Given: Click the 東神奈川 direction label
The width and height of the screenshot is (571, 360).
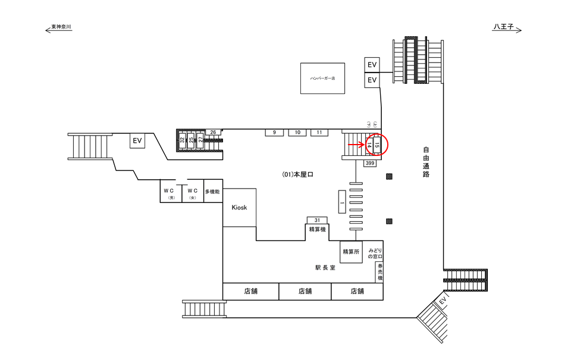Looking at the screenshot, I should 61,27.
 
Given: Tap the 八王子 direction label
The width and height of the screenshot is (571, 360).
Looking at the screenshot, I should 505,27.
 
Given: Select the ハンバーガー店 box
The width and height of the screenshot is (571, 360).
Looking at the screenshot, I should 322,78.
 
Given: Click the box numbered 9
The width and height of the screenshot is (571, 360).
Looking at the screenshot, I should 274,132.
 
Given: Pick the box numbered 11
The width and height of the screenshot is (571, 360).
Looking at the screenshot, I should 319,132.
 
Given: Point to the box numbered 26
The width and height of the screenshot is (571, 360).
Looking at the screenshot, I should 212,132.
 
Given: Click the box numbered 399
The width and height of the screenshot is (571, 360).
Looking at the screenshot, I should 370,163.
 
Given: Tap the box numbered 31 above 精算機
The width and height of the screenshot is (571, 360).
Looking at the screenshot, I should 317,220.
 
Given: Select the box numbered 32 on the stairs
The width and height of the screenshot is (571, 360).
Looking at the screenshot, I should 183,142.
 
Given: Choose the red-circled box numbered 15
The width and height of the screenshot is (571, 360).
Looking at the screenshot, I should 377,145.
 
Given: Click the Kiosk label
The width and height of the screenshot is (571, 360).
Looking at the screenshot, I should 239,207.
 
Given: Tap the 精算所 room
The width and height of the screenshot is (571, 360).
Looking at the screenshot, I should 351,252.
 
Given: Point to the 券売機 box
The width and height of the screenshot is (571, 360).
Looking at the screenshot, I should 379,273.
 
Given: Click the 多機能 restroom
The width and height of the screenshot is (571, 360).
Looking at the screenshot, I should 212,192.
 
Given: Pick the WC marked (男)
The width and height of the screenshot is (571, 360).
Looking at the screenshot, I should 171,192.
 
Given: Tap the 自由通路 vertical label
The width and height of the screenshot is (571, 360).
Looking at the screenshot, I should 426,162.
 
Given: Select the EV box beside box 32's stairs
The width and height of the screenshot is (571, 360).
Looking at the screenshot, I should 138,141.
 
